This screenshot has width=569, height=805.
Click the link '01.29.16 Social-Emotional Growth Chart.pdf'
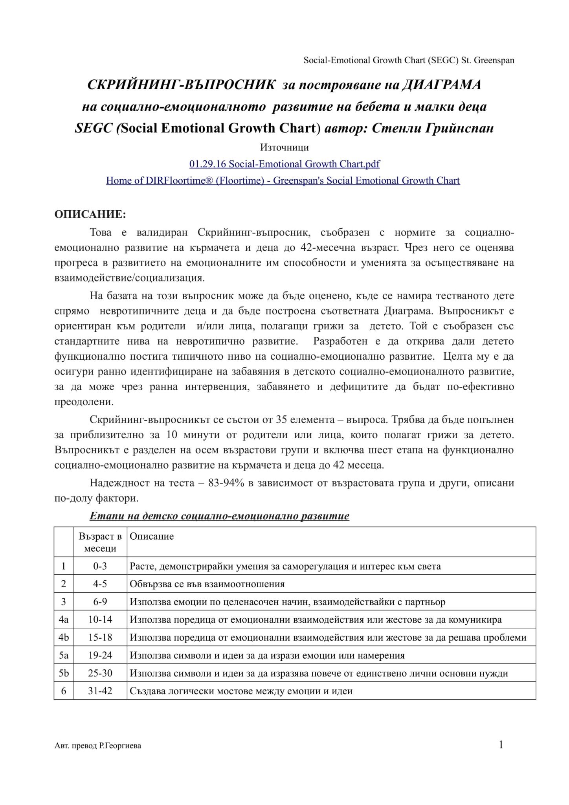[x=284, y=164]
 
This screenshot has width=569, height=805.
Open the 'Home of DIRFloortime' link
[x=283, y=180]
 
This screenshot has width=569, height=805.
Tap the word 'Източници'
[x=284, y=147]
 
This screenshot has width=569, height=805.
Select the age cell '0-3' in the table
[x=100, y=566]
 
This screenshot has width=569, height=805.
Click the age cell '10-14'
[x=100, y=619]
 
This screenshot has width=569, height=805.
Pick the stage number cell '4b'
[x=63, y=638]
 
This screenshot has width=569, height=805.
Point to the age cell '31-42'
[x=100, y=691]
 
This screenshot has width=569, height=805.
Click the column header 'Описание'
[x=152, y=537]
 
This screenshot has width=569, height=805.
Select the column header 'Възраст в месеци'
[x=100, y=542]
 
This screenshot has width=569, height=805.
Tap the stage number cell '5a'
[x=63, y=655]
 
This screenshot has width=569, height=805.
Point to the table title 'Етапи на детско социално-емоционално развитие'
[x=219, y=516]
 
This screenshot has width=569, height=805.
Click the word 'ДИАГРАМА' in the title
[x=441, y=85]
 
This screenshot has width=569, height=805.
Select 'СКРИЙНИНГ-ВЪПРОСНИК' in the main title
[x=181, y=85]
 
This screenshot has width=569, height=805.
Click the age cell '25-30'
[x=100, y=673]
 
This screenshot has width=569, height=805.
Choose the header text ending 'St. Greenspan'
[x=409, y=61]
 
